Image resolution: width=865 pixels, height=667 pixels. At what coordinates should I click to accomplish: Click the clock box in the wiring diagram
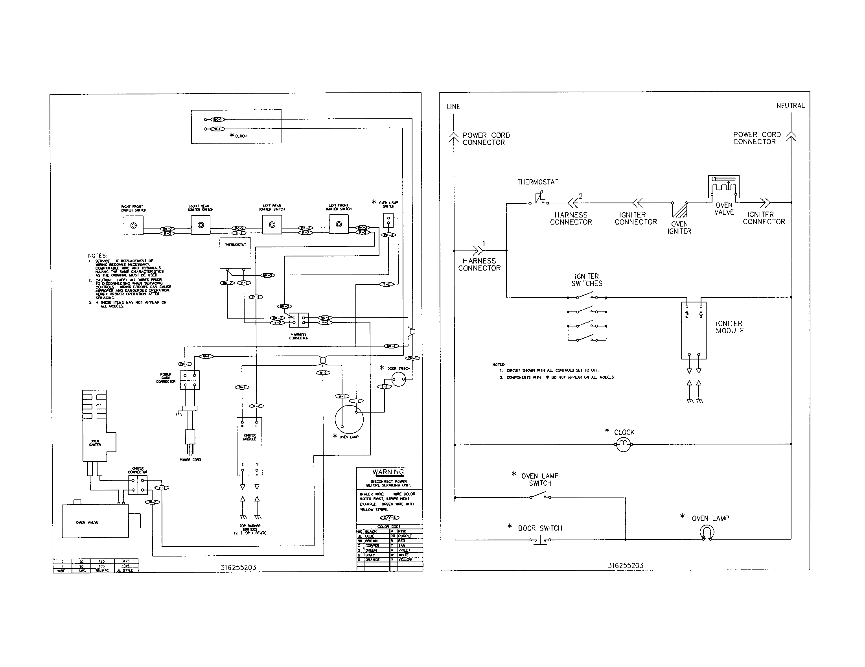coord(236,126)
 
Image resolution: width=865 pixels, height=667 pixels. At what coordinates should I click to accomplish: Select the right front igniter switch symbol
coord(133,225)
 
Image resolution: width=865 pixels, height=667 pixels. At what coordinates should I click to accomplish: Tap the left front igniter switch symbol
coord(339,225)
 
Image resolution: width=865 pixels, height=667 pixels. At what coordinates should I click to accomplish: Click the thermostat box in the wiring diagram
coord(235,254)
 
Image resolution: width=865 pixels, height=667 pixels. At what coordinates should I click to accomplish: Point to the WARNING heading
coord(388,472)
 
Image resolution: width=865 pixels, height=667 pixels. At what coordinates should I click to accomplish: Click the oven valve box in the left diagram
coord(96,521)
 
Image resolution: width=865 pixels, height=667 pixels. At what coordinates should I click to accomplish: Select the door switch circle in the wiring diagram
coord(398,380)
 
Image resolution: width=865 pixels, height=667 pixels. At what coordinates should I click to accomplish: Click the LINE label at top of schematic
coord(453,107)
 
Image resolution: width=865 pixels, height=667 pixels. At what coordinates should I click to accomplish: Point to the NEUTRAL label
coord(790,106)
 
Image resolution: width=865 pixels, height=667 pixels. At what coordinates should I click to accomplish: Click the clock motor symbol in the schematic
coord(624,445)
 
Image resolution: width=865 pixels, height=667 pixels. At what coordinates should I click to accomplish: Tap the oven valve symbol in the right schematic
coord(723,186)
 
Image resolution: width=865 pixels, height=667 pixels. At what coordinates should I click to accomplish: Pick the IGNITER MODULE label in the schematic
coord(729,327)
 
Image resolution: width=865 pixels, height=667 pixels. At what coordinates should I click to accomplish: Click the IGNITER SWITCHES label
coord(587,280)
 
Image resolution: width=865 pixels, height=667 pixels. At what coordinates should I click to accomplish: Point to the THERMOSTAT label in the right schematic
coord(538,182)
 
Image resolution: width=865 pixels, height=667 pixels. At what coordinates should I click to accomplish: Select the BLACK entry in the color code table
coord(372,532)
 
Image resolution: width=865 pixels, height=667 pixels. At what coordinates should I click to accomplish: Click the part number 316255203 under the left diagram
coord(238,567)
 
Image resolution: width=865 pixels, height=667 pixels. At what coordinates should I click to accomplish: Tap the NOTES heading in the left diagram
coord(98,256)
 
